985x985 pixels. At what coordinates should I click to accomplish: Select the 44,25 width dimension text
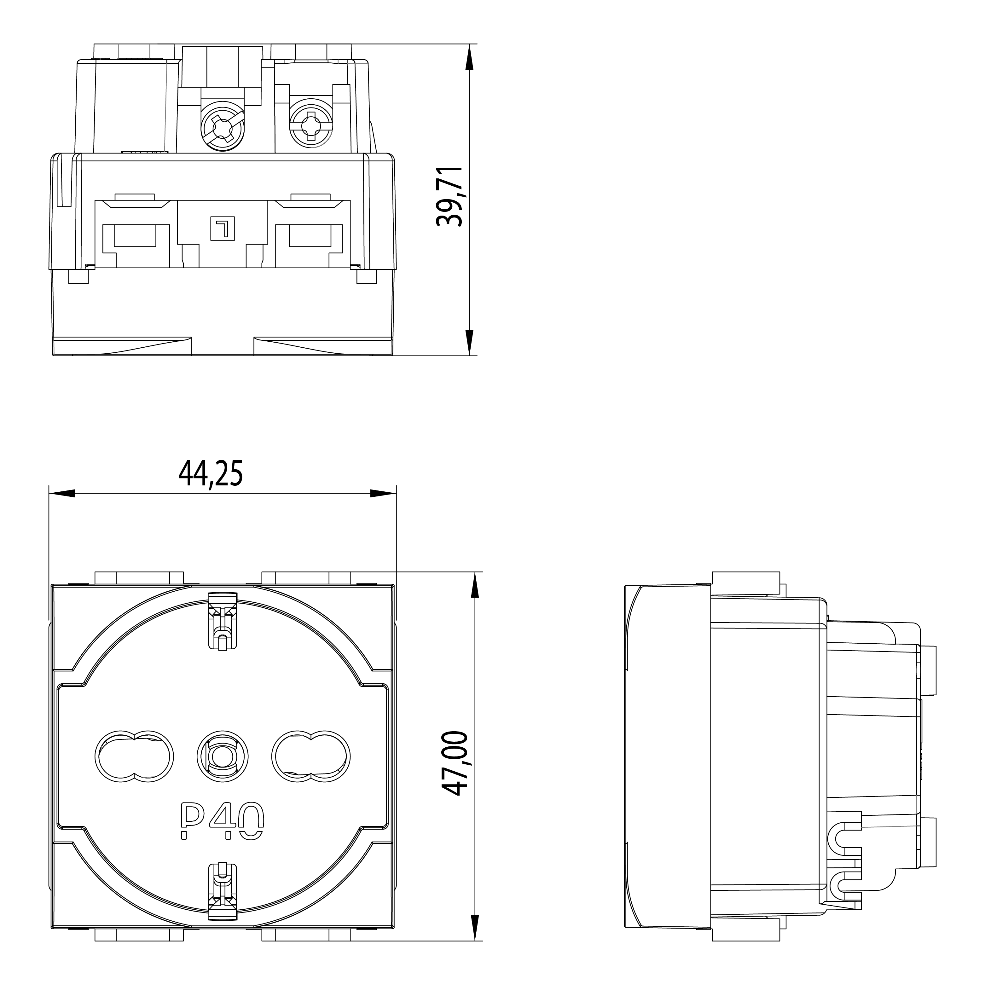pyautogui.click(x=211, y=474)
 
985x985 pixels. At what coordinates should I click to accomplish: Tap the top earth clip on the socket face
pyautogui.click(x=223, y=620)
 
